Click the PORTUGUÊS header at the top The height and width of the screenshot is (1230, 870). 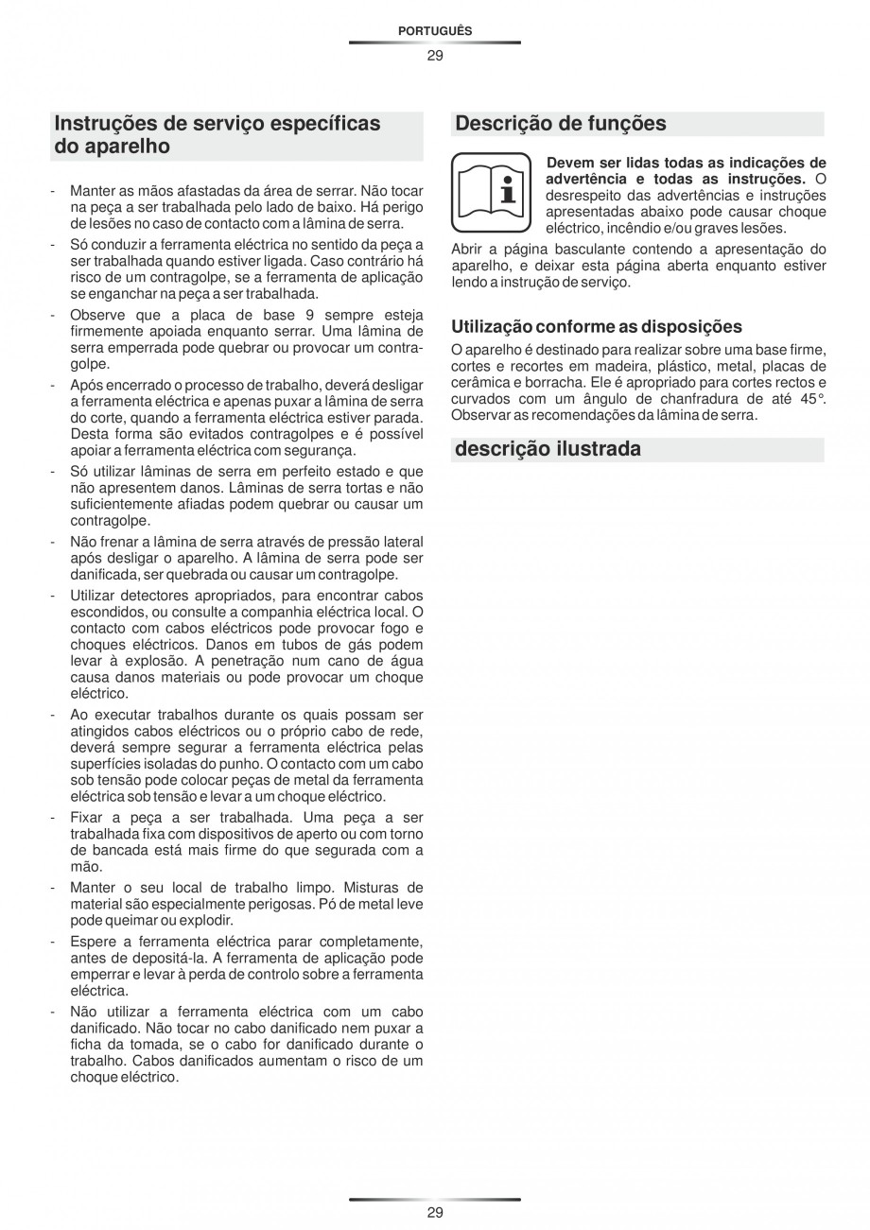click(434, 31)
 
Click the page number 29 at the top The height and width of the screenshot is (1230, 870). click(434, 55)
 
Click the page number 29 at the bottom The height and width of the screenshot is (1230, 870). click(434, 1212)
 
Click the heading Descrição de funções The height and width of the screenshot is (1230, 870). click(560, 124)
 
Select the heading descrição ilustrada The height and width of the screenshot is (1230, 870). click(548, 449)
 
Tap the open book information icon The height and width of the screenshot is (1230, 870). click(491, 193)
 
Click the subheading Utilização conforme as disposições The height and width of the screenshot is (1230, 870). click(596, 327)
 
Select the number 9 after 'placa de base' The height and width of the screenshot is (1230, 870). click(307, 315)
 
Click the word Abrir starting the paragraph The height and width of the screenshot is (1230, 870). click(468, 250)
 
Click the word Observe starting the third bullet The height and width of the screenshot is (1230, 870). click(96, 315)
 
